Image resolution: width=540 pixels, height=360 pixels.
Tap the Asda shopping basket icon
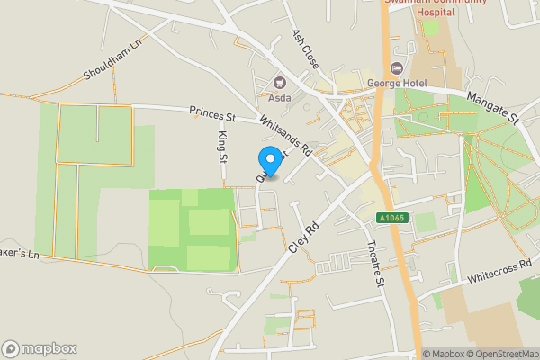pos(279,83)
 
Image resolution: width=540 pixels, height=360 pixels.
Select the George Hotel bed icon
pos(396,69)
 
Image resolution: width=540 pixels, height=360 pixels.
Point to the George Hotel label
pos(396,84)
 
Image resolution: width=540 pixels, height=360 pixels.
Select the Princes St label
pos(211,115)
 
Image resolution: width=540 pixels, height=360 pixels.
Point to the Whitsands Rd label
pos(283,134)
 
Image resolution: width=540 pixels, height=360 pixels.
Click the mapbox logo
pos(40,348)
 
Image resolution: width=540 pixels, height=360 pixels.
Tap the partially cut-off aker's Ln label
pos(20,253)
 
